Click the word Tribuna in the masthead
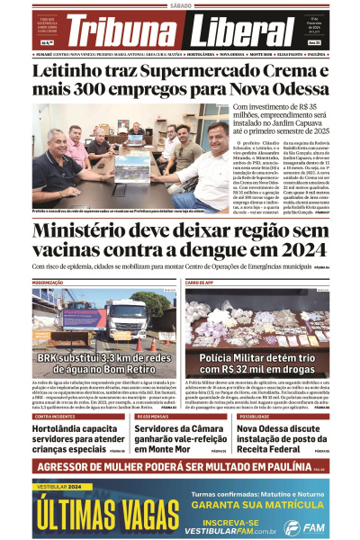(x=131, y=34)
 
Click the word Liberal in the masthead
(x=241, y=34)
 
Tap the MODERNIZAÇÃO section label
(x=49, y=283)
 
